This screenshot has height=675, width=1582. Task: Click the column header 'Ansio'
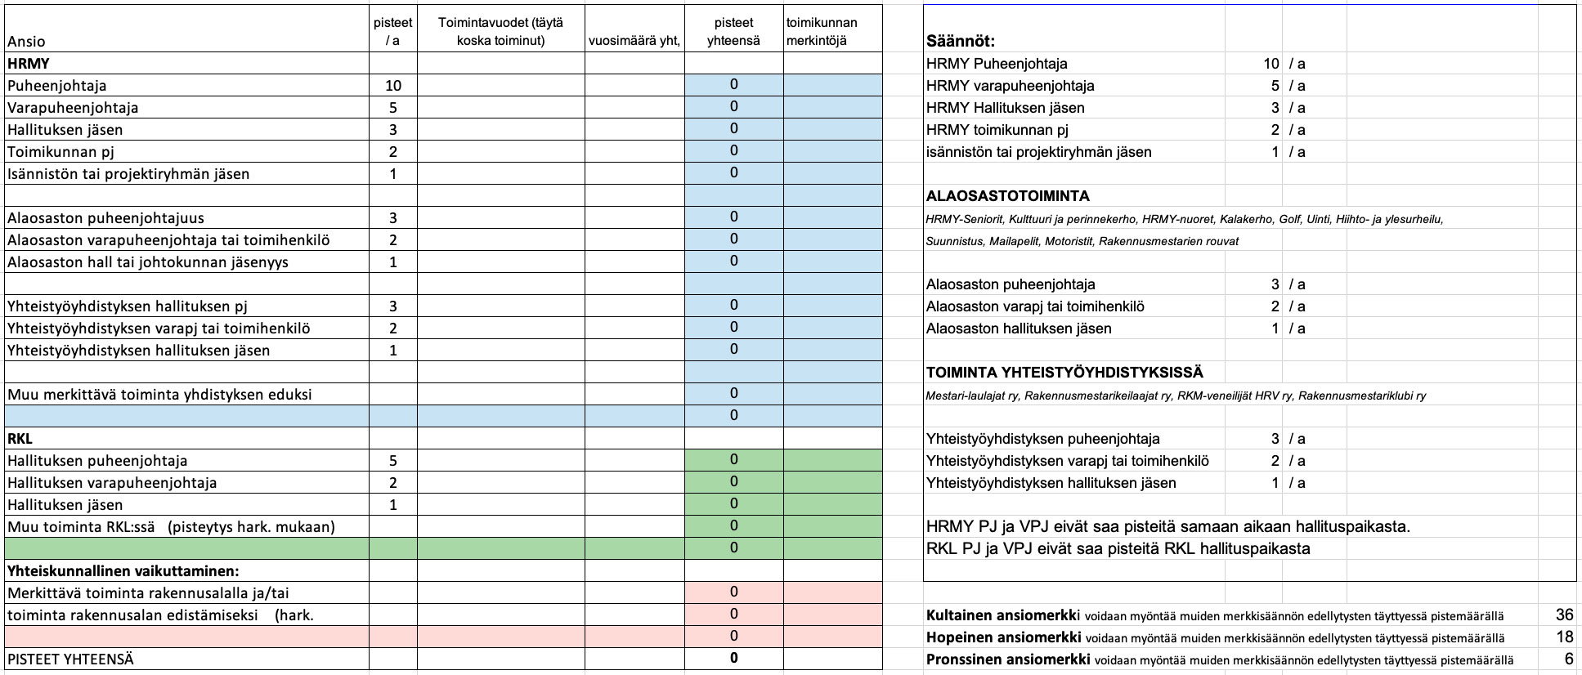pos(26,42)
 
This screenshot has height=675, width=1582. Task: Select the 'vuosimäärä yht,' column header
pos(634,42)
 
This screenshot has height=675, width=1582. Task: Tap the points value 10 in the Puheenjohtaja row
pos(393,86)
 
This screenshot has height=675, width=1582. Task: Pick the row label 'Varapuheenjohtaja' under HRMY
pos(73,108)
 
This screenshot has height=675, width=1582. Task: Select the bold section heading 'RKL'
pos(20,439)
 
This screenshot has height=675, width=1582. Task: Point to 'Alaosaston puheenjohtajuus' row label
pos(105,218)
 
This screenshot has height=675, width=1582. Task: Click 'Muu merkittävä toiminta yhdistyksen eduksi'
pos(159,395)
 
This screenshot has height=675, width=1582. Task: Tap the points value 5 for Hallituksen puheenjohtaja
pos(393,461)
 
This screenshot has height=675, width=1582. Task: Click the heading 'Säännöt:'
pos(961,42)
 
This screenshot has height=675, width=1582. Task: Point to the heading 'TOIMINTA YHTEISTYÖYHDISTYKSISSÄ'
pos(1064,373)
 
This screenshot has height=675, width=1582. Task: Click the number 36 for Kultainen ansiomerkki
pos(1564,615)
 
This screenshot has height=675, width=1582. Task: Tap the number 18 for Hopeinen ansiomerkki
pos(1564,637)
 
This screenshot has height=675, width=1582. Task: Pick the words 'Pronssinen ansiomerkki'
pos(1007,659)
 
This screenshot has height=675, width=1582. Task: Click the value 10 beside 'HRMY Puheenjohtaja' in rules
pos(1271,64)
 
